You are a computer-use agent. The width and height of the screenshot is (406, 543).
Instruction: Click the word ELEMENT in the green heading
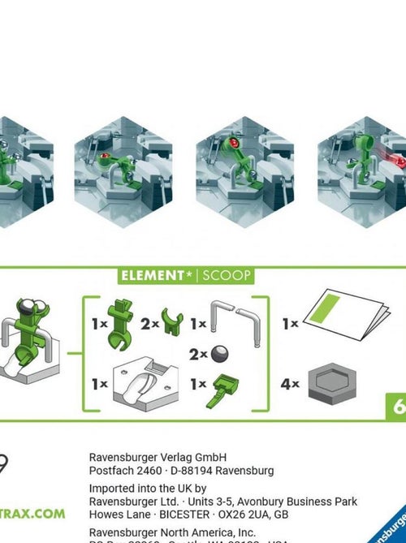click(152, 276)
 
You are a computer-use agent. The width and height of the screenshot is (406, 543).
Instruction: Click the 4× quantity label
click(290, 384)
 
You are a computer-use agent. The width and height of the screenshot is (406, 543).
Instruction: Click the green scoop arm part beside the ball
click(220, 391)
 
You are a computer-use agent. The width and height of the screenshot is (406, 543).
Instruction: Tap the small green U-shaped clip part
click(171, 322)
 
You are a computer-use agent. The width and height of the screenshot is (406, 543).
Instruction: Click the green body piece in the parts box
click(119, 322)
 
